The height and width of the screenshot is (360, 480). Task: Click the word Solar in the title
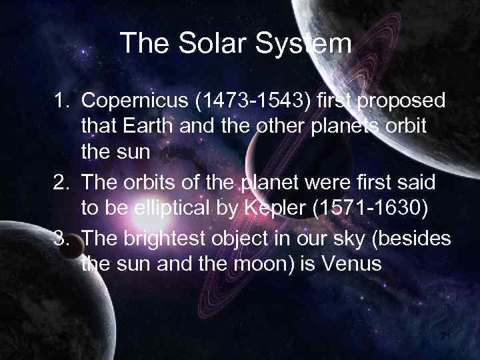pos(205,45)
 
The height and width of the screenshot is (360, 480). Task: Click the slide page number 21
pos(445,337)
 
